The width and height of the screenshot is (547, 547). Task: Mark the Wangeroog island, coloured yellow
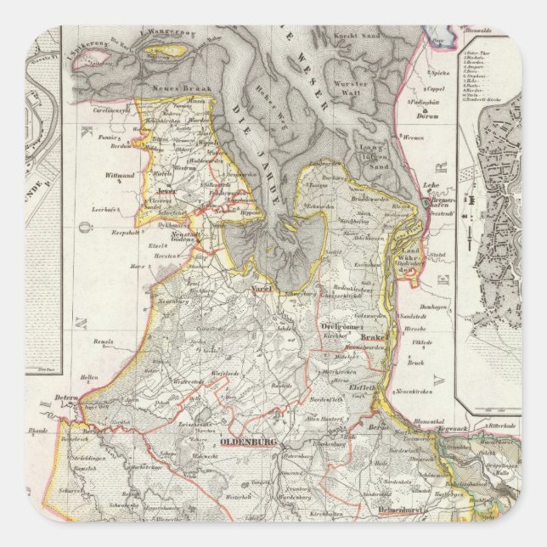[161, 50]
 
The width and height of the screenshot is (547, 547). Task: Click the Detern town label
[67, 398]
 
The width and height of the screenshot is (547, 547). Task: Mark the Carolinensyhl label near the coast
[107, 110]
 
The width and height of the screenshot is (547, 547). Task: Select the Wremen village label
[414, 137]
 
